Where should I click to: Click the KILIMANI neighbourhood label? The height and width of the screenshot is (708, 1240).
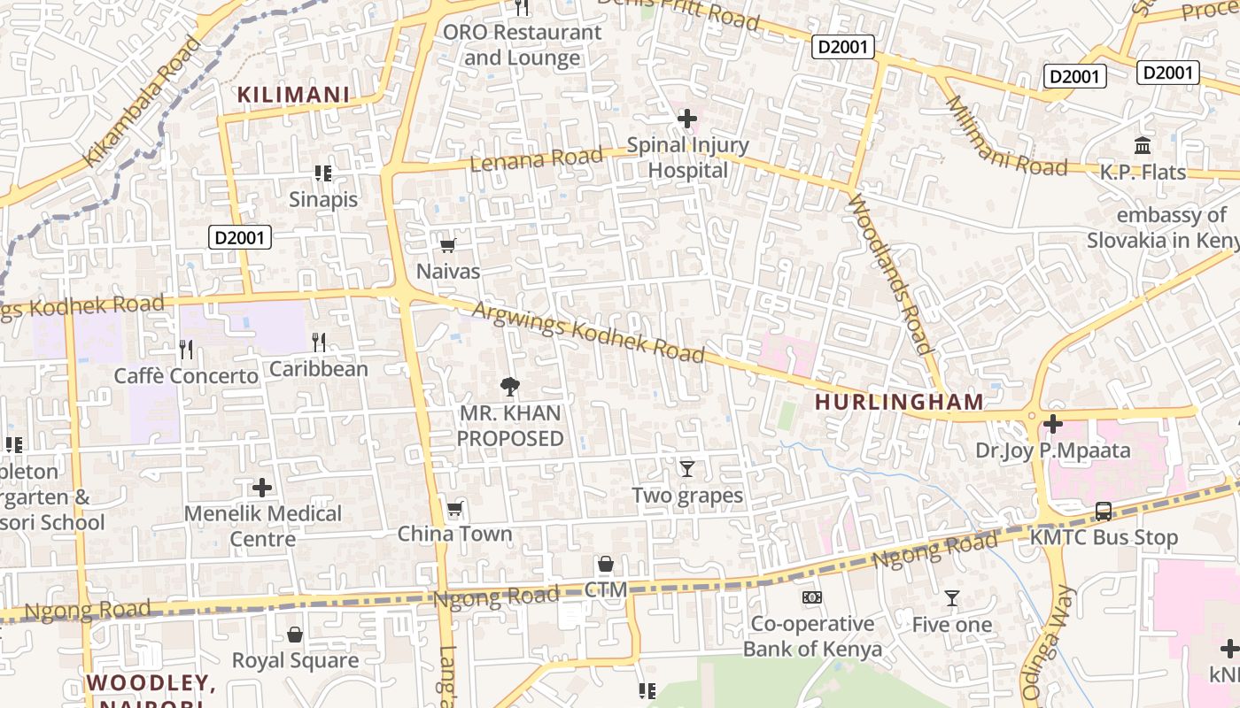point(293,95)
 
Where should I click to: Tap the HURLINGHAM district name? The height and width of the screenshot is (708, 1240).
point(899,402)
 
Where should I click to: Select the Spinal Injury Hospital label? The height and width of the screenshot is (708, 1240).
point(687,158)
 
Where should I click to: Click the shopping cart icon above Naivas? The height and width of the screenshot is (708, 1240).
point(448,245)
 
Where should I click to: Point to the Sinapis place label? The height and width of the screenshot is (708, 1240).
point(323,199)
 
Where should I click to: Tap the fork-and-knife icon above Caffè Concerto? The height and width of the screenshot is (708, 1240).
point(186,349)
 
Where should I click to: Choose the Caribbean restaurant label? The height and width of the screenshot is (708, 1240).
point(319,369)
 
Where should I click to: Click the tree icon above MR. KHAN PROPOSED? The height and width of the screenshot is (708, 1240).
point(509,386)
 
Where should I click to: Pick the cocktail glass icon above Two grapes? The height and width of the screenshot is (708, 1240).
point(686,468)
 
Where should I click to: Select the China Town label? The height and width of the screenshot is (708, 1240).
point(454,534)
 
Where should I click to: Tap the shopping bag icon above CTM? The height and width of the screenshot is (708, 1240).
point(606,564)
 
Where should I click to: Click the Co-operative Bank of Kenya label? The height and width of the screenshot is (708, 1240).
point(812,636)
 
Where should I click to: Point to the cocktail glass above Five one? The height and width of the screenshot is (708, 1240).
point(951,598)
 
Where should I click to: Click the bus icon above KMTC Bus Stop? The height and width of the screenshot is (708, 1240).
point(1104,511)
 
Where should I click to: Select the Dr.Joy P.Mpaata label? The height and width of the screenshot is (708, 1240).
point(1052,450)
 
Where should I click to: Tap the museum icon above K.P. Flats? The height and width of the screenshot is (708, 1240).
point(1143,145)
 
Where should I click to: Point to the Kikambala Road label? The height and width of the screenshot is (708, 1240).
point(142,102)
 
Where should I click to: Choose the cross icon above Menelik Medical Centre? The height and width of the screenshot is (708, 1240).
point(262,487)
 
